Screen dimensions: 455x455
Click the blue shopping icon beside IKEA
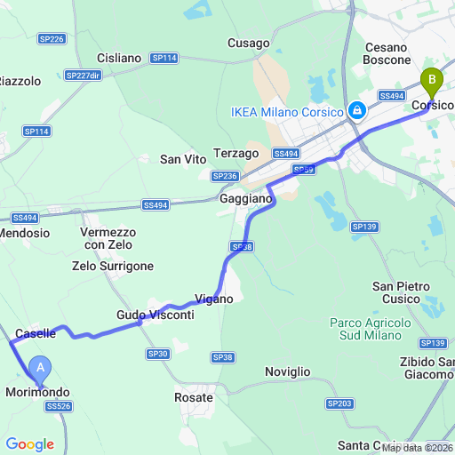(x=356, y=110)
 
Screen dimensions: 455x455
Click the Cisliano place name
(x=119, y=58)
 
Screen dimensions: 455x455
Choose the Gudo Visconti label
(x=155, y=315)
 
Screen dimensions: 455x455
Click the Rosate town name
(x=194, y=398)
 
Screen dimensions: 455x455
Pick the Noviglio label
(x=288, y=371)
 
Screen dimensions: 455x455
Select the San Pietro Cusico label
(x=401, y=292)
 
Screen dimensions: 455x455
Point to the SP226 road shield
(x=52, y=39)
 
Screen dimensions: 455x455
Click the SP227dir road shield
(x=83, y=76)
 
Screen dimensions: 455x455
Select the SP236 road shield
(x=225, y=176)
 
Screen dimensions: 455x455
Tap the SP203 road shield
(x=339, y=403)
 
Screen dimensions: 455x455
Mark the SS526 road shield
(x=58, y=406)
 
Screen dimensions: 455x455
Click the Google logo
(x=29, y=443)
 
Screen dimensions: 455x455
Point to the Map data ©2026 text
(x=416, y=447)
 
